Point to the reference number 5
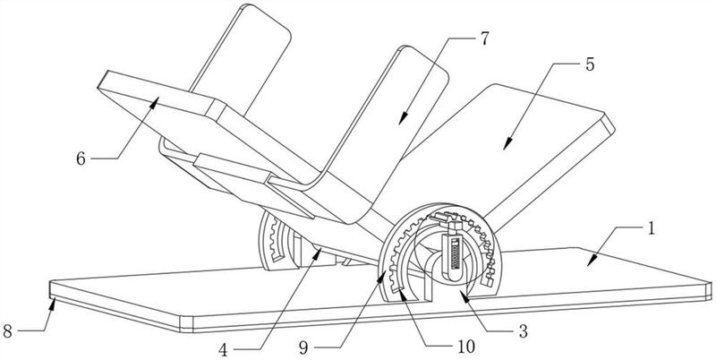tap(590, 65)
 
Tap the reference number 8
tap(9, 331)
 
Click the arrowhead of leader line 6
tap(158, 100)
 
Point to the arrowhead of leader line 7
tap(401, 122)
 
